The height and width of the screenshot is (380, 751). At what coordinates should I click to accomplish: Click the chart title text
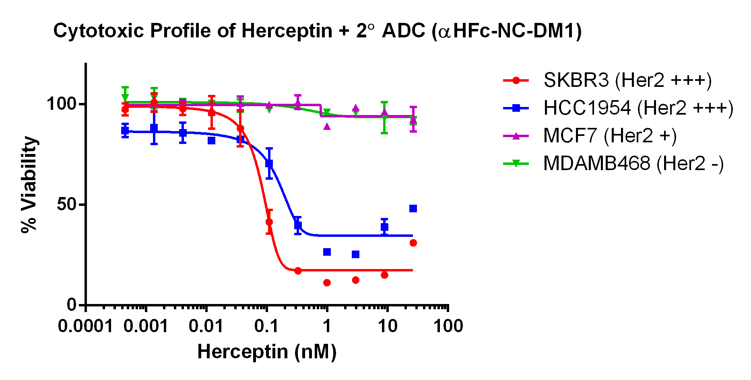pyautogui.click(x=318, y=31)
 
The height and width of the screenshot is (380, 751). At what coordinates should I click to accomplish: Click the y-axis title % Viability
pyautogui.click(x=29, y=184)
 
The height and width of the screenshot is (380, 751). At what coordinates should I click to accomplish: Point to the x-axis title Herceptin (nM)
pyautogui.click(x=267, y=352)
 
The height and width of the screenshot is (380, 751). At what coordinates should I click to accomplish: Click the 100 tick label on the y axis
pyautogui.click(x=61, y=104)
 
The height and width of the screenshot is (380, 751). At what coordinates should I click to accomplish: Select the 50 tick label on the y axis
pyautogui.click(x=66, y=204)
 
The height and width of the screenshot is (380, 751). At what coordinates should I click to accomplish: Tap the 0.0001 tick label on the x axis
pyautogui.click(x=85, y=326)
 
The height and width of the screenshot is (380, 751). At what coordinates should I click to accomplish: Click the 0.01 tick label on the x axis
pyautogui.click(x=206, y=326)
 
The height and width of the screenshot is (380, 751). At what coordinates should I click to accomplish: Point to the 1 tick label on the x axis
pyautogui.click(x=327, y=326)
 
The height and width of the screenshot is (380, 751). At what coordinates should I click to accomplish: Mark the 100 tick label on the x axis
pyautogui.click(x=448, y=326)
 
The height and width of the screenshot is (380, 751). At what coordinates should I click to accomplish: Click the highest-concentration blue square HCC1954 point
pyautogui.click(x=413, y=208)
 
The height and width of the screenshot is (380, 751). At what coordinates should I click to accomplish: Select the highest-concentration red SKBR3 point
pyautogui.click(x=413, y=243)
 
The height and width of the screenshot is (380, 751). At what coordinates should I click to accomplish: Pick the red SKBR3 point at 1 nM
pyautogui.click(x=327, y=283)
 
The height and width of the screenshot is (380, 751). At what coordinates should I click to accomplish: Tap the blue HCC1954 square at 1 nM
pyautogui.click(x=327, y=252)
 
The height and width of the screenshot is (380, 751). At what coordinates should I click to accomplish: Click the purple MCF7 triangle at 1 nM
pyautogui.click(x=327, y=127)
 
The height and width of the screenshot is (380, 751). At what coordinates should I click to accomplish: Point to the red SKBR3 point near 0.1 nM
pyautogui.click(x=269, y=222)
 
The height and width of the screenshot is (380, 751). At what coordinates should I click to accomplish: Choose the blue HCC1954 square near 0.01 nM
pyautogui.click(x=212, y=140)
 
